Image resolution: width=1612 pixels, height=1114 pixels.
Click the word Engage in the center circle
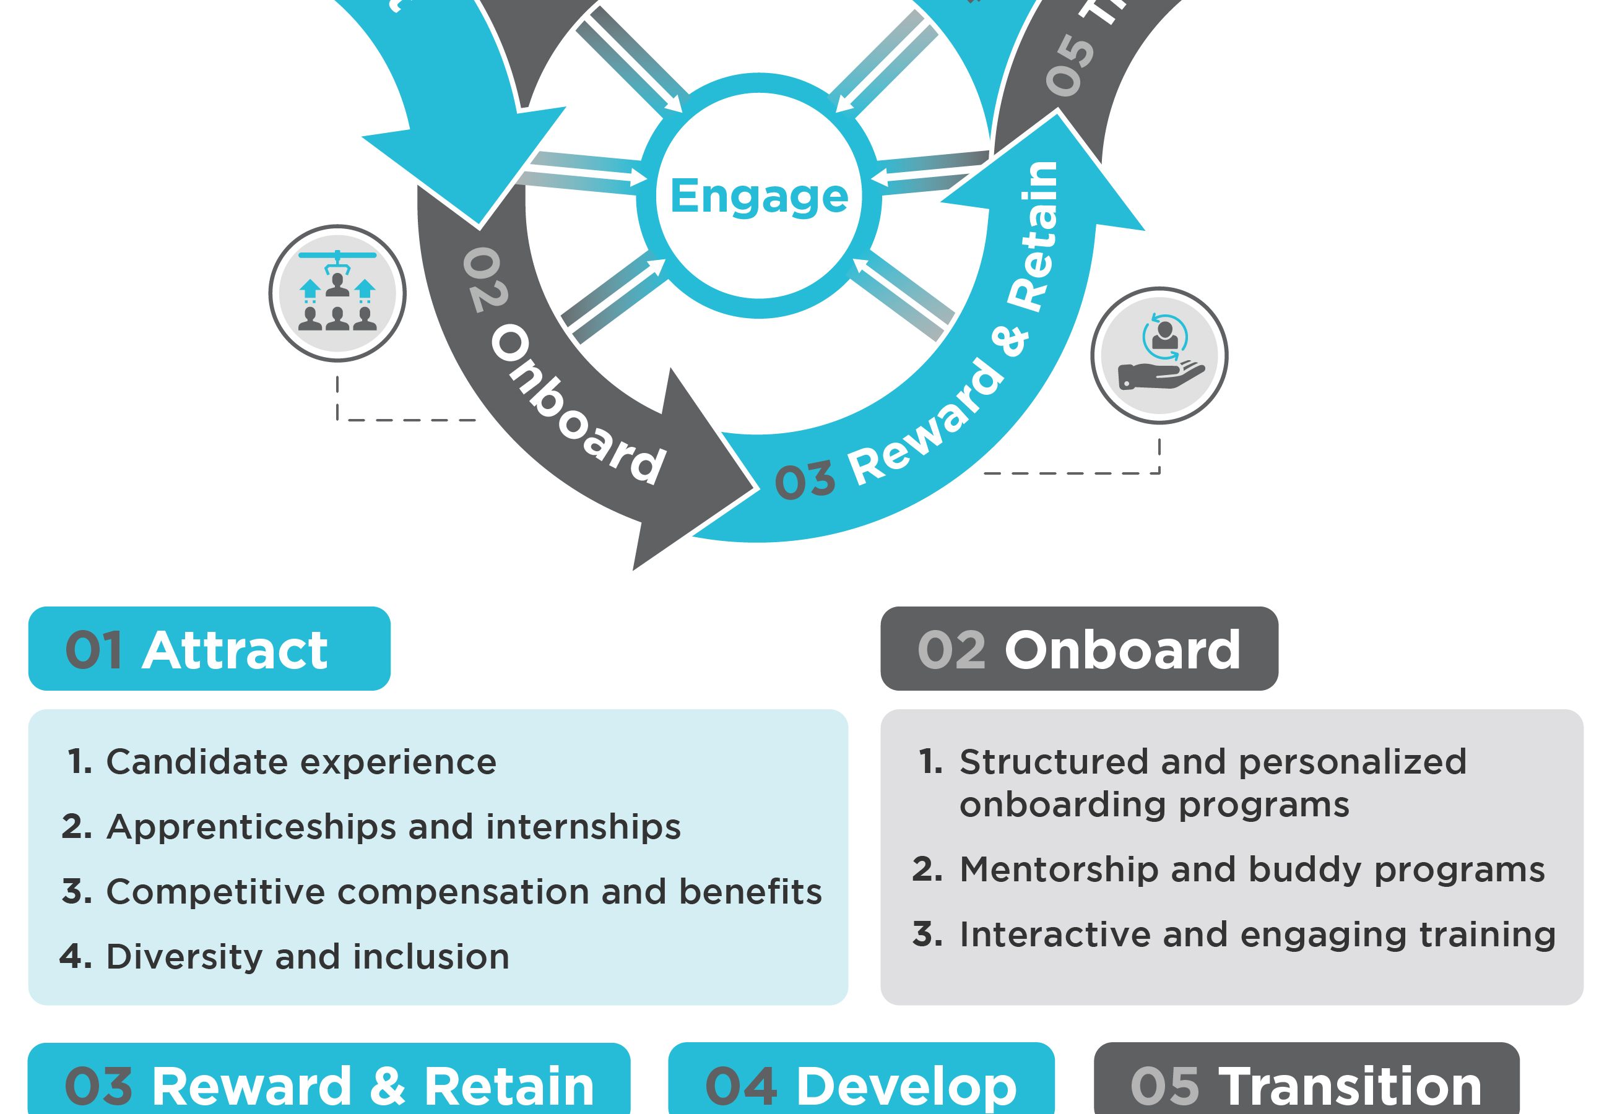[759, 196]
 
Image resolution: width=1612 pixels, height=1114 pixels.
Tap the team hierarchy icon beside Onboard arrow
[337, 293]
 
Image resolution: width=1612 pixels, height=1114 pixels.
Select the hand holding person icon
[1159, 355]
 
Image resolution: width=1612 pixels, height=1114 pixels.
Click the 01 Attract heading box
[209, 649]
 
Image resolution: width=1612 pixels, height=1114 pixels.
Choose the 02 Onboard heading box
[1078, 649]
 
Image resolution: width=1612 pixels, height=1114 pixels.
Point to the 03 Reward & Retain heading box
[328, 1082]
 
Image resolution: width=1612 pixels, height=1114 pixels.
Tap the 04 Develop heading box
[861, 1082]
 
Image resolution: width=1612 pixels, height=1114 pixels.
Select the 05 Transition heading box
[1306, 1082]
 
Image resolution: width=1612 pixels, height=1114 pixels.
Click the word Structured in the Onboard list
[1054, 761]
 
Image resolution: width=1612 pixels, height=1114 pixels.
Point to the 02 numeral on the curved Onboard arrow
[485, 279]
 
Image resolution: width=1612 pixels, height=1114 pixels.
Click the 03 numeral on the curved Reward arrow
[805, 480]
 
